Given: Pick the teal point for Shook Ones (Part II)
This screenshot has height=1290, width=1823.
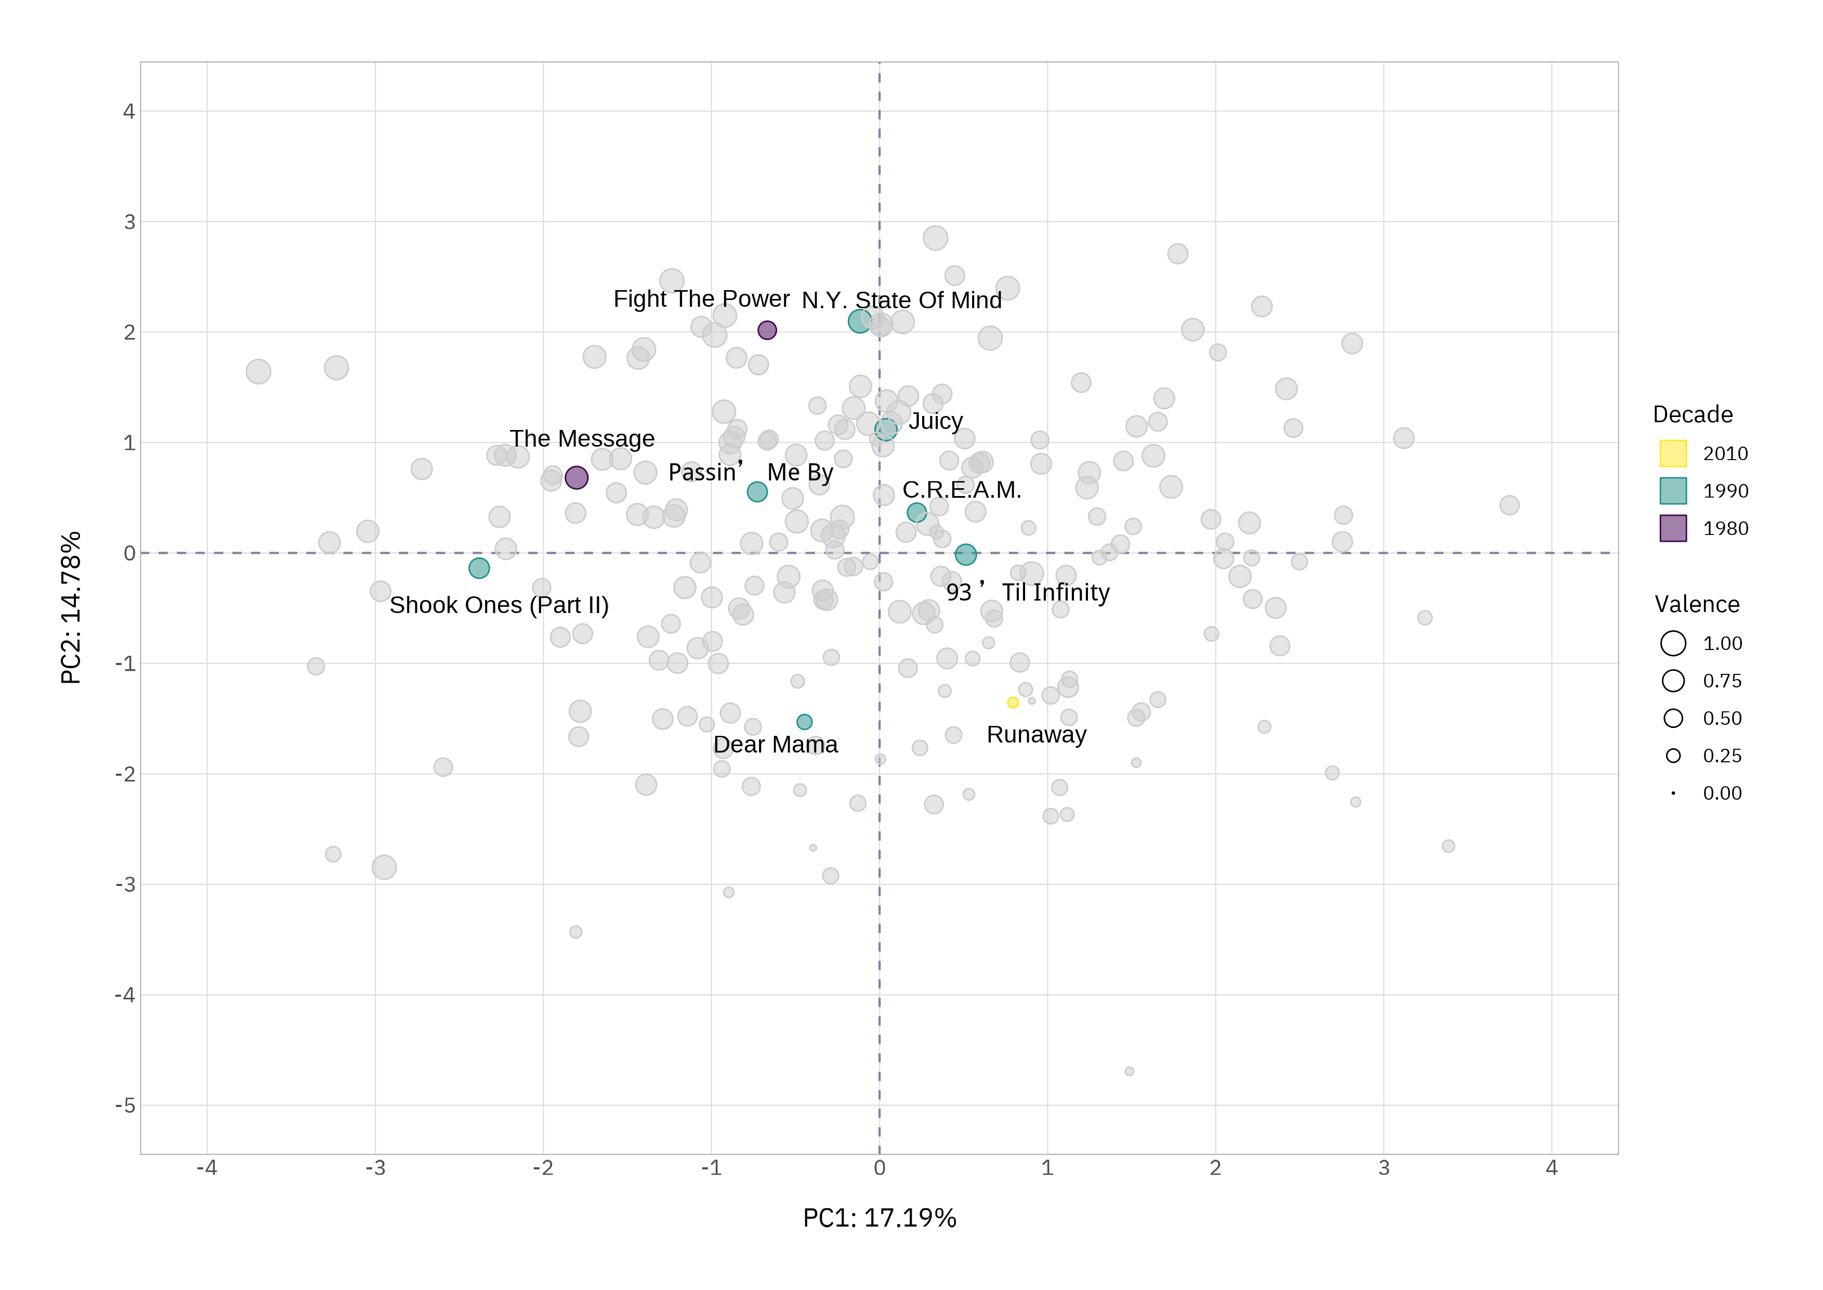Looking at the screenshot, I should [x=479, y=568].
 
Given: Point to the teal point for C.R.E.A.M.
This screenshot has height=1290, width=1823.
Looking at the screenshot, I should [x=916, y=512].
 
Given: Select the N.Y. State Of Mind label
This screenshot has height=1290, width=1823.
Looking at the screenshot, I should [x=901, y=300].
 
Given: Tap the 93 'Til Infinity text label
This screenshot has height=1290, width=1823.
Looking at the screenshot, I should [x=1028, y=593].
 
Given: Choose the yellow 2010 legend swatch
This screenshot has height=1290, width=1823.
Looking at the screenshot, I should [x=1673, y=453].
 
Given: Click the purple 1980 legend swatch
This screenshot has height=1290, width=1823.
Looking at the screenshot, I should [x=1673, y=528].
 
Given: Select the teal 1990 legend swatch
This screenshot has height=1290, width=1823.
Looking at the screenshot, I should [x=1673, y=491].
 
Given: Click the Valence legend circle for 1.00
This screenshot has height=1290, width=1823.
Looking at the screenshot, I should [x=1673, y=643].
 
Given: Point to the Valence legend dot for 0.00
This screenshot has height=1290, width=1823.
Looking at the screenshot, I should [x=1673, y=793].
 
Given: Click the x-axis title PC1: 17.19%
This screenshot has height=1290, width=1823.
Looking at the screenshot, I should [x=879, y=1218].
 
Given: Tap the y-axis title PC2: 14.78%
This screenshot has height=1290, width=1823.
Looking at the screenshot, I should [x=71, y=608].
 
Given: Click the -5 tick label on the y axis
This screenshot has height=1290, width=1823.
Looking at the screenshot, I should [x=125, y=1106].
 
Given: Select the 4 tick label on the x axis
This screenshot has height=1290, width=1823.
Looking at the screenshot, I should [x=1552, y=1168].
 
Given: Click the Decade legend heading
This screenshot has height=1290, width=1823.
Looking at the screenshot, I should [x=1692, y=414].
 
